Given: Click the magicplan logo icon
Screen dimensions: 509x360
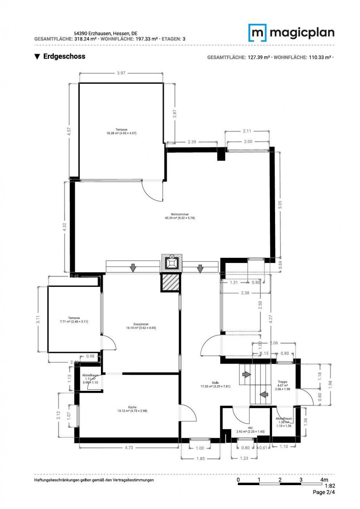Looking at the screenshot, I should [257, 32].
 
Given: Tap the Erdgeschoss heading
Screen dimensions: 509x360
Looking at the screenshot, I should [60, 56].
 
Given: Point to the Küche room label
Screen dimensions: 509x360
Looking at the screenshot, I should [132, 409].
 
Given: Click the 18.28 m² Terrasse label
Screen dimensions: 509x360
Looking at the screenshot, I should [121, 131].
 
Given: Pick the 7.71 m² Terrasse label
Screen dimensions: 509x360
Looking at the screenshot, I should [73, 320].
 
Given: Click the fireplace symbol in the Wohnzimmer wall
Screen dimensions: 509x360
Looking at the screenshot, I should [171, 263].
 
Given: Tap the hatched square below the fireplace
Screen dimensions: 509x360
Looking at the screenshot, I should [171, 282].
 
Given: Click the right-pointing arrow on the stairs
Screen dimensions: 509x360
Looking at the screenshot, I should [246, 374].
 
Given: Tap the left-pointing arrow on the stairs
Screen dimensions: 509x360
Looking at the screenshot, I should [265, 394].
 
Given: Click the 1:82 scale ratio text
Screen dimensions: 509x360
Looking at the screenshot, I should [329, 486].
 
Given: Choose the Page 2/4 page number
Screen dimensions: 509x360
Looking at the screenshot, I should [324, 492].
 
